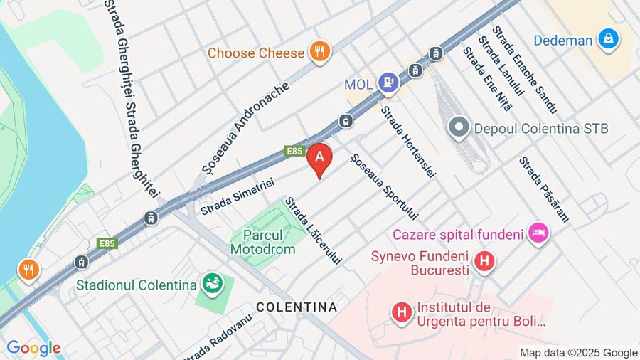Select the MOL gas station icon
388,83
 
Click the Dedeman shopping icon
608,40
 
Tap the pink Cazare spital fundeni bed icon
538,233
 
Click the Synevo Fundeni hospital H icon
484,262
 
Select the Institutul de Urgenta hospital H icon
402,312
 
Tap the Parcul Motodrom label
262,242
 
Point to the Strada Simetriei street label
238,196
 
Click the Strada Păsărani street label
544,189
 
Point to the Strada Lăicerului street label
313,231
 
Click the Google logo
33,349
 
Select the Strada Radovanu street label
216,338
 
